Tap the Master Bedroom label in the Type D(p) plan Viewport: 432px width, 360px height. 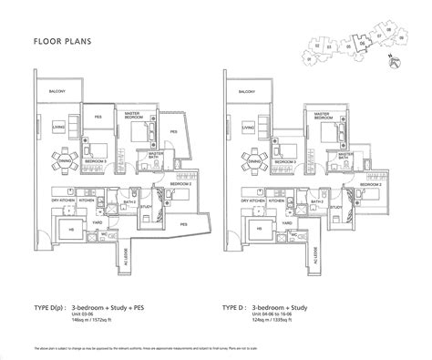pyautogui.click(x=134, y=115)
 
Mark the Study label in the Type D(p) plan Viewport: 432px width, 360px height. pyautogui.click(x=146, y=206)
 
